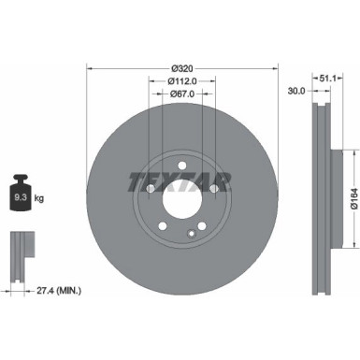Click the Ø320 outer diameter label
coord(183,67)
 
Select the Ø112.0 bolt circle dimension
coord(183,80)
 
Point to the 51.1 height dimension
coord(326,79)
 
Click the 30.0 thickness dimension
coord(295,92)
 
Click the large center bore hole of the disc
coord(183,198)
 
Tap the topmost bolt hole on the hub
coord(183,165)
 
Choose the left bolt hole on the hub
coord(151,189)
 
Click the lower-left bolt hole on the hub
coord(163,226)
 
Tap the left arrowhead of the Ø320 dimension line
coord(90,67)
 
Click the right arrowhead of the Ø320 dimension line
coord(278,67)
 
